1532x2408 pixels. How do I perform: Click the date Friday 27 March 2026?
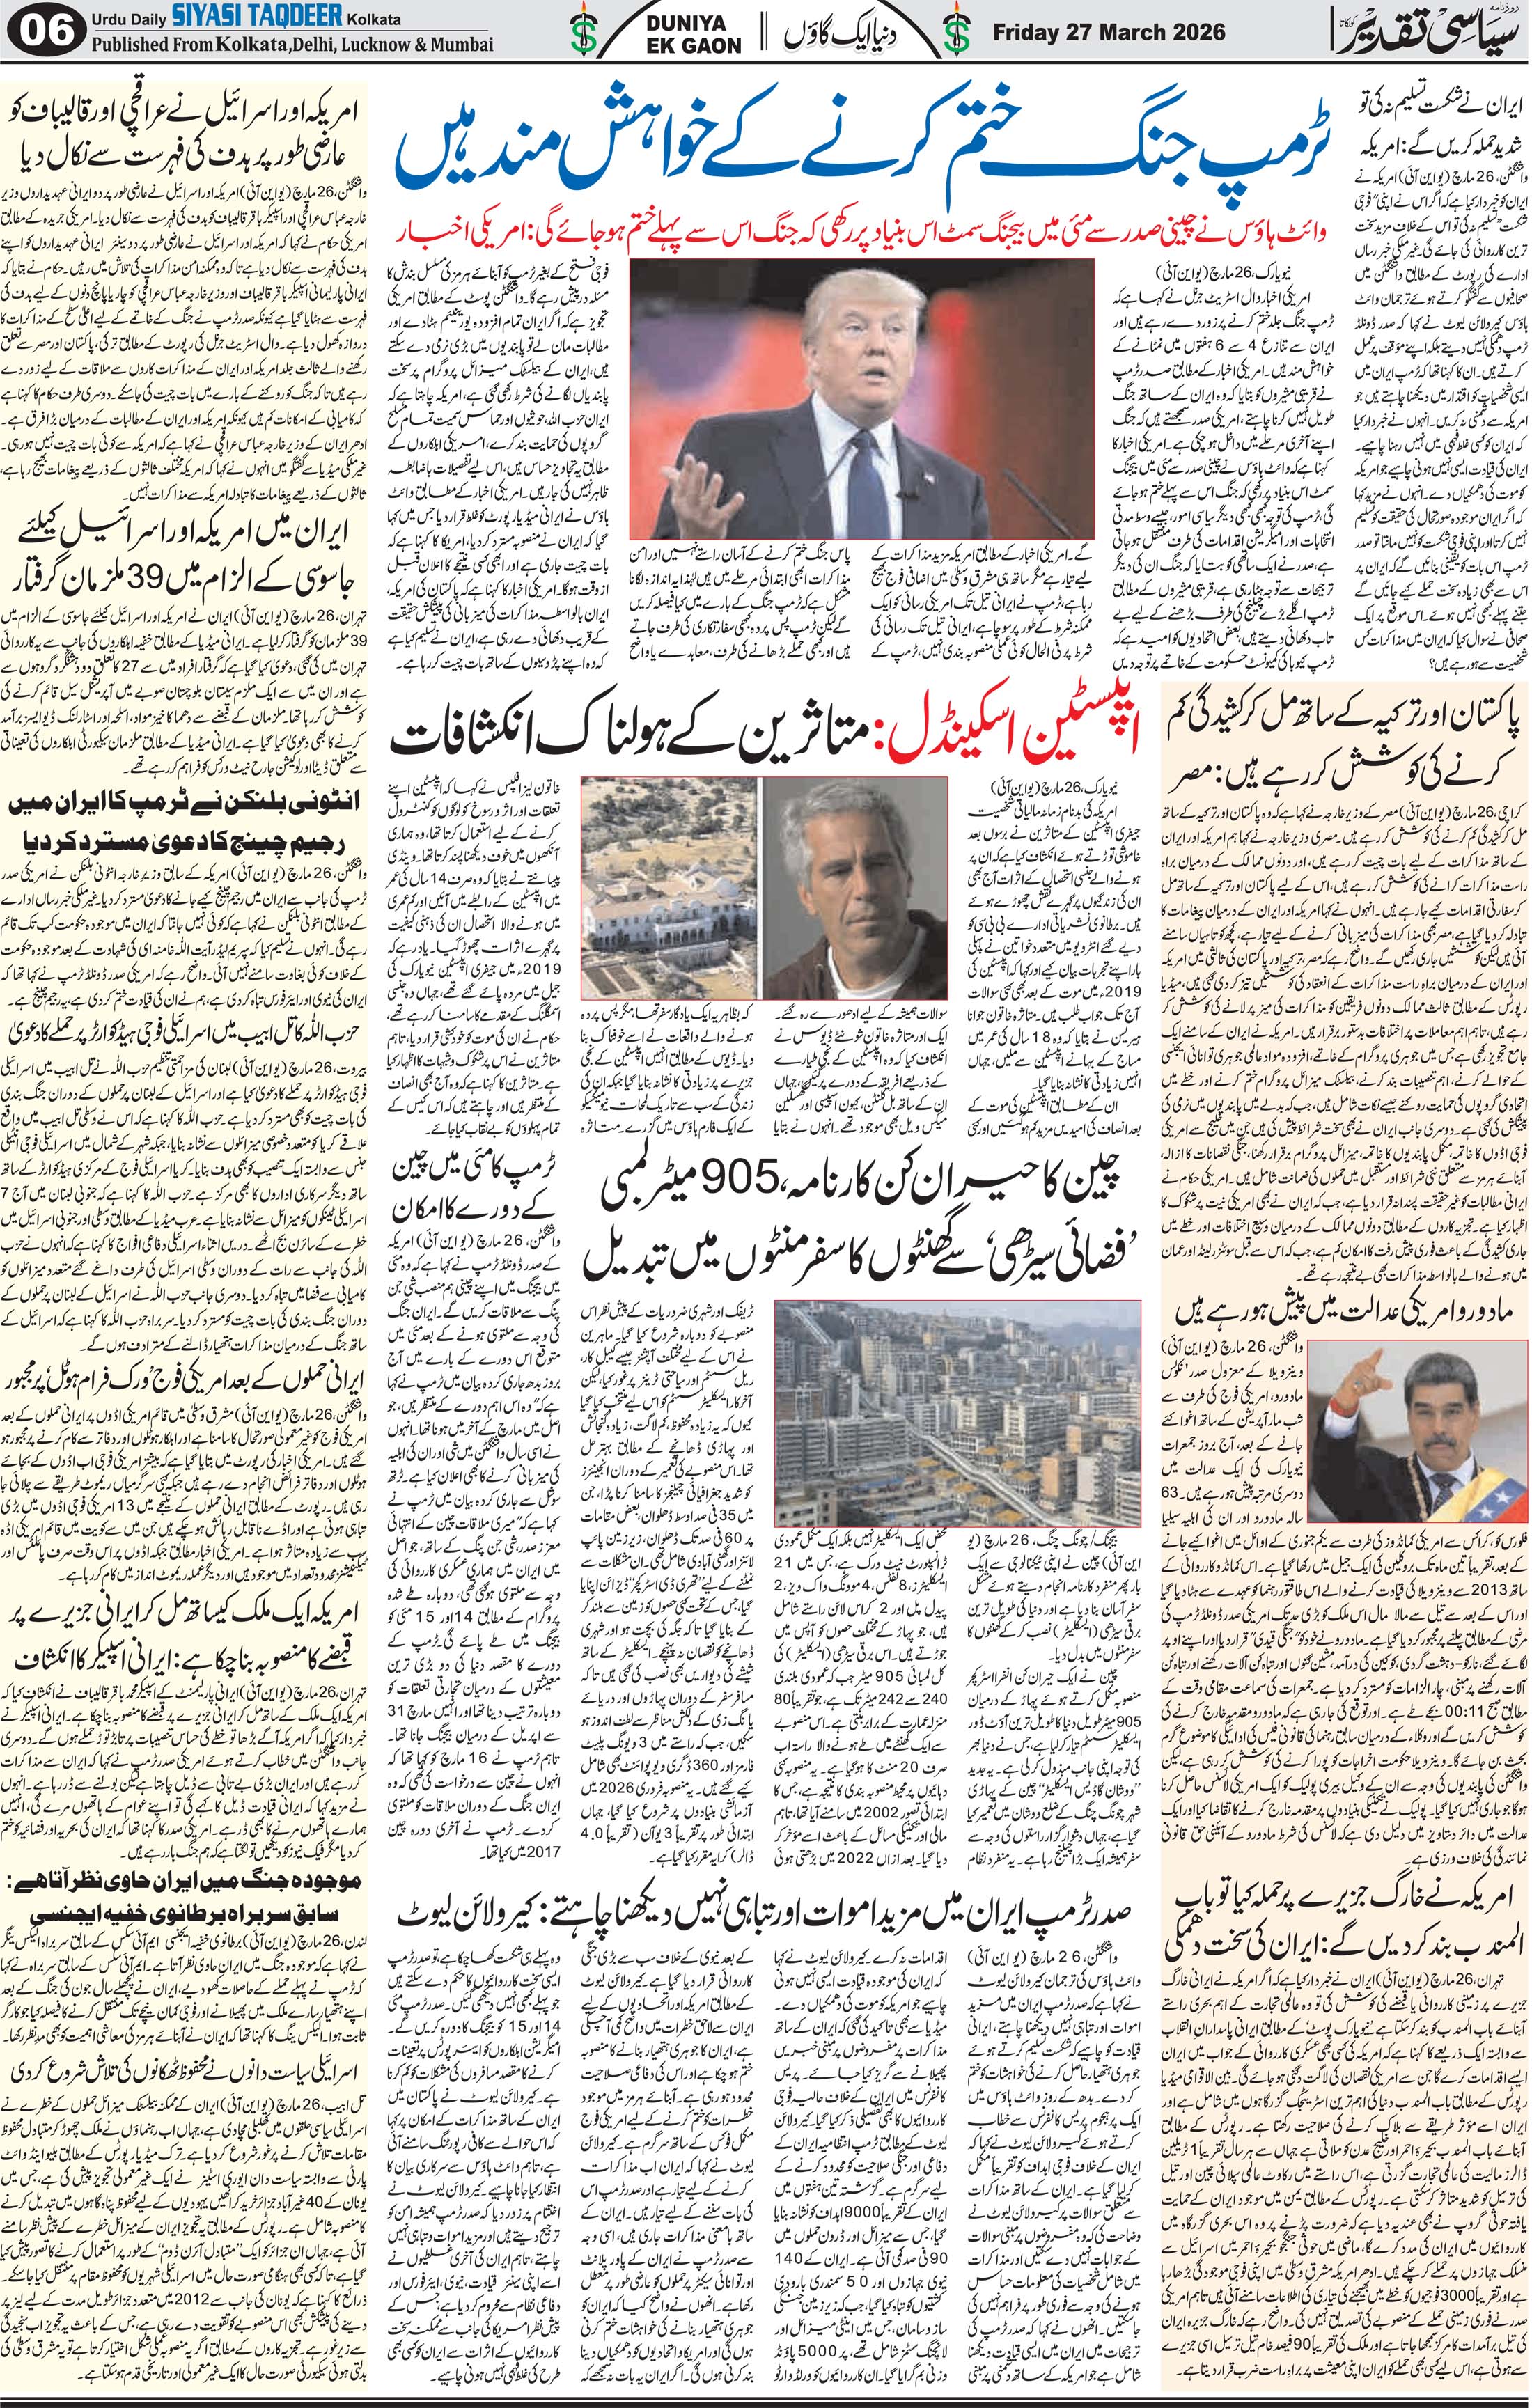pos(1108,32)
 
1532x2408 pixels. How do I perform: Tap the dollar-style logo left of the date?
pos(960,32)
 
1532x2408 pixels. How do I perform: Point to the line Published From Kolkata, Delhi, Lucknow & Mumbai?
pos(292,45)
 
